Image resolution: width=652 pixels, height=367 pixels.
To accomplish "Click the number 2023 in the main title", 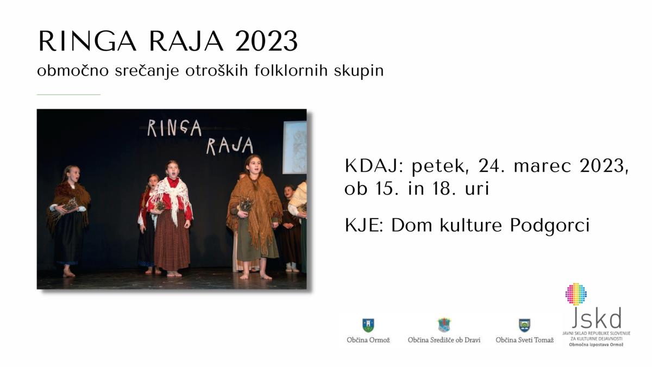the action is pos(266,41).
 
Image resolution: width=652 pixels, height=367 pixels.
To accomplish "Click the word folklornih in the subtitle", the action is pos(291,71).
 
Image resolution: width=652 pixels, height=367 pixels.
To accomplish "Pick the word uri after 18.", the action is pos(473,189).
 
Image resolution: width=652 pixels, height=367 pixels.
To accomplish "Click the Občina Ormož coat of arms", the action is pos(368,325).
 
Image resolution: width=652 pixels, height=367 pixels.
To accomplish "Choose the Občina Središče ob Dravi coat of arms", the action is pos(444,325).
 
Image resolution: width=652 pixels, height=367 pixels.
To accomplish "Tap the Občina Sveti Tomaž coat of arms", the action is pos(524,325).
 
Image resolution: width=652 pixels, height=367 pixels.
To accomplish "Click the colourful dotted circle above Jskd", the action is pos(576,294).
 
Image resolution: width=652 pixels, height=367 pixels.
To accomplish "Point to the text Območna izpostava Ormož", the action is pos(596,345).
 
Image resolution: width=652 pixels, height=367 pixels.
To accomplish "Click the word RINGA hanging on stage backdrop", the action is pos(174,128).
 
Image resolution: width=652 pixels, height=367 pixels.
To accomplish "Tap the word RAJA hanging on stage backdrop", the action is pos(230,146).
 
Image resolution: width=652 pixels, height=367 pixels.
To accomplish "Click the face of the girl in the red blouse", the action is pos(172,170).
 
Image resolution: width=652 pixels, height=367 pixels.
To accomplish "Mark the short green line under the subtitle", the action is pos(68,95).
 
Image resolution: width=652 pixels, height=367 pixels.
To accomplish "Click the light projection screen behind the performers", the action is pos(294,147).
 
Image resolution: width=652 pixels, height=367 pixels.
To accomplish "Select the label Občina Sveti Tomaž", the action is pos(524,340).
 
